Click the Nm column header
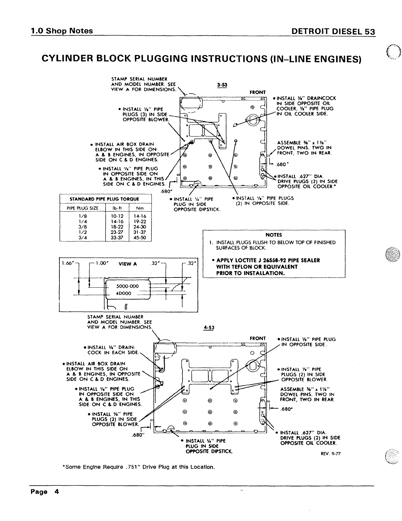click(140, 208)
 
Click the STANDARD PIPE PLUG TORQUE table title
click(105, 199)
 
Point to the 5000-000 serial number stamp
click(128, 286)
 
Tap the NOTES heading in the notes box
click(274, 235)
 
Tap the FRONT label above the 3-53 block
click(257, 92)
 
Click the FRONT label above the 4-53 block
click(258, 338)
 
